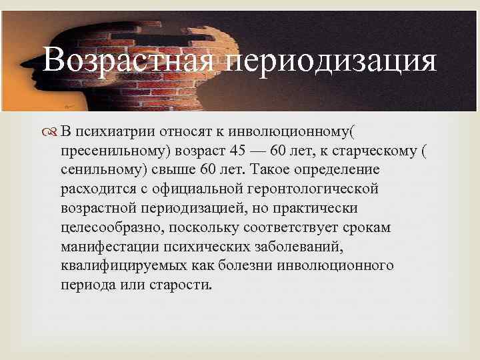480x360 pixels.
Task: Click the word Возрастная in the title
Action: pos(126,62)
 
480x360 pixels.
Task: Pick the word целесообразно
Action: pos(110,227)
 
